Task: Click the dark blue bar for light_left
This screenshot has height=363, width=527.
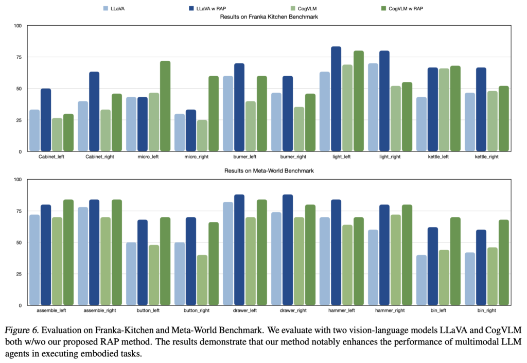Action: (336, 99)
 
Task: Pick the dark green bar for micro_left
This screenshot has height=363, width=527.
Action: (165, 106)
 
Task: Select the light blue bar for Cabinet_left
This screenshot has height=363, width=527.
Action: (34, 130)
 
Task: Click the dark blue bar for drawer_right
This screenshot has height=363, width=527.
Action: (288, 250)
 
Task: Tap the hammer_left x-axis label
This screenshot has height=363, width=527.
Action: (342, 310)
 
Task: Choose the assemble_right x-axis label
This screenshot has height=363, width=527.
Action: (100, 310)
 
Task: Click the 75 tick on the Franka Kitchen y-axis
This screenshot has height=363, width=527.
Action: (17, 57)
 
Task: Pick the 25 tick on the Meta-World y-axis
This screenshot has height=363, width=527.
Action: (17, 274)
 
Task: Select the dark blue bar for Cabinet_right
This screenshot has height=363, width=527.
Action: (94, 111)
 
